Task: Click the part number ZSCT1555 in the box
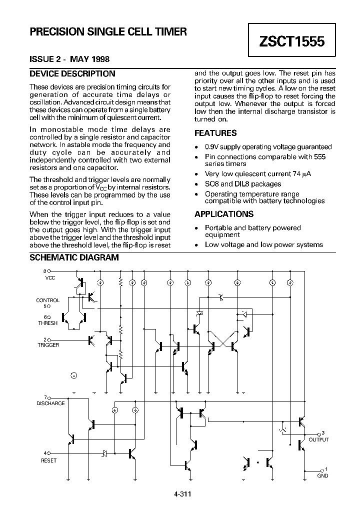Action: (292, 42)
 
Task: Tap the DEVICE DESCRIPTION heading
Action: (72, 74)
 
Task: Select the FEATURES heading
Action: (215, 133)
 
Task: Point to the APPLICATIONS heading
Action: (224, 214)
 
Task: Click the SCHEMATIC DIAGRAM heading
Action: (74, 258)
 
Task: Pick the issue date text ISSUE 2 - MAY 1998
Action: (69, 59)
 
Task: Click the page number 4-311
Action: (183, 494)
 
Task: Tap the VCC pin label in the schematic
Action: (50, 277)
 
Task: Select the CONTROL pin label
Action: (48, 300)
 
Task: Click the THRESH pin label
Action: (48, 323)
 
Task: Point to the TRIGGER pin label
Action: (48, 345)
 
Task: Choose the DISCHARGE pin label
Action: (50, 403)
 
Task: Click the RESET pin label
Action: (48, 460)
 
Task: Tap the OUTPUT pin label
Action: (318, 439)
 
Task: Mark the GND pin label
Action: (322, 475)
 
